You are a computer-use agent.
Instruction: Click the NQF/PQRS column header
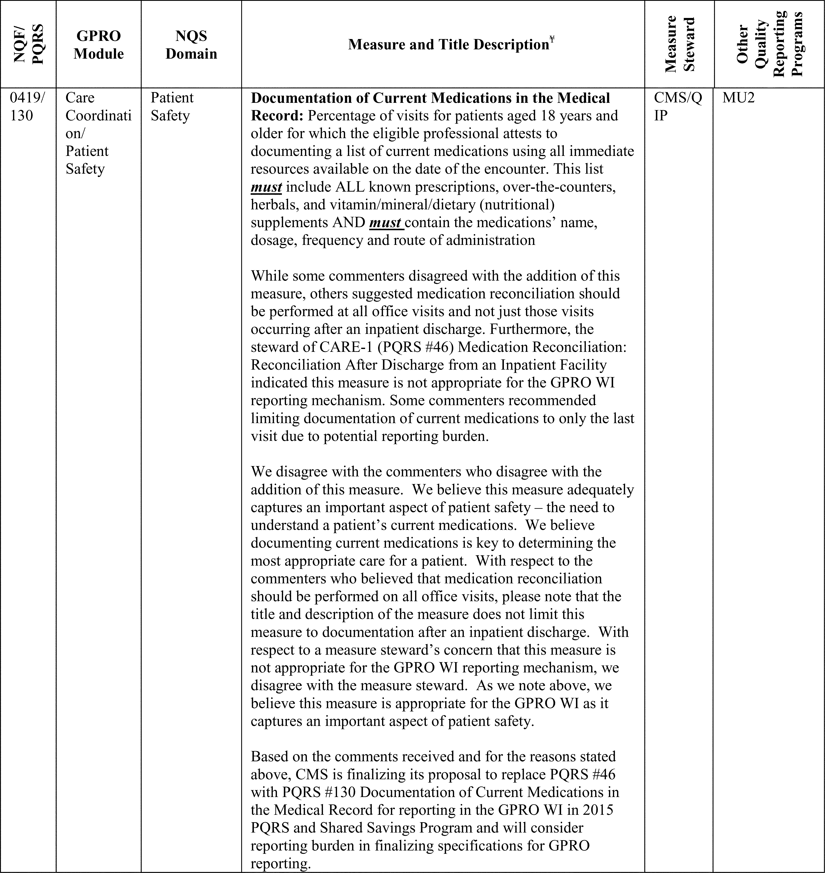(x=28, y=44)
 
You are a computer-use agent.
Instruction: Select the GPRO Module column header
(x=99, y=44)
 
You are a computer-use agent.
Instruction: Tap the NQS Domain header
(x=191, y=44)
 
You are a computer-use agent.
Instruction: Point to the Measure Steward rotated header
(x=679, y=44)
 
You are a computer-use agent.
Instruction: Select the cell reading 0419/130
(x=27, y=106)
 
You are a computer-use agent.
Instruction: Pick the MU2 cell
(x=739, y=98)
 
